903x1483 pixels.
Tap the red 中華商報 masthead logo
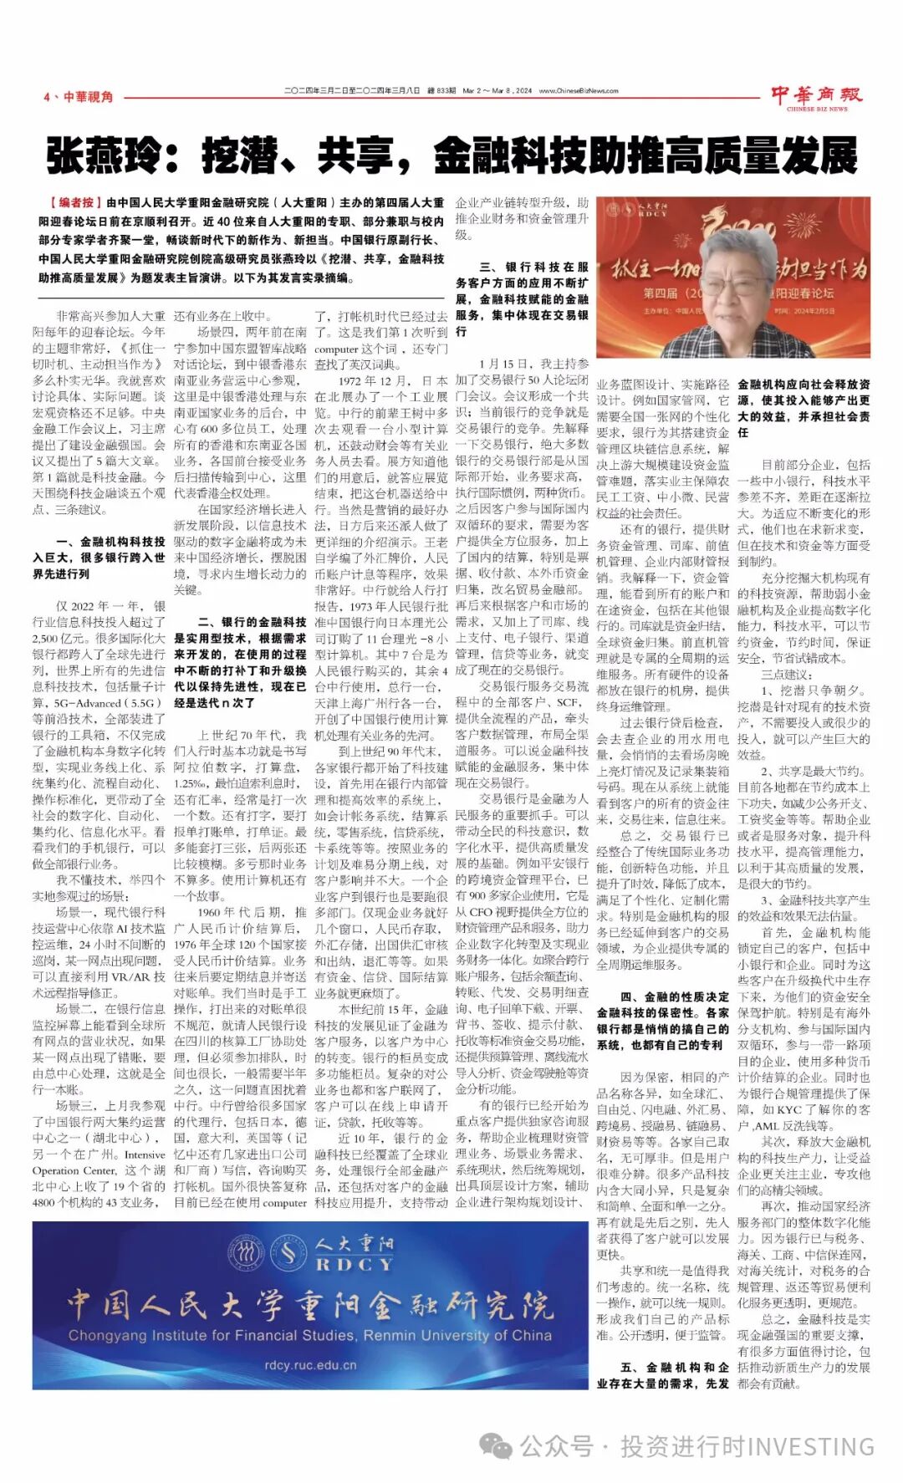(x=815, y=94)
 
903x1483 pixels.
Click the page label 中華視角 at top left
(x=87, y=97)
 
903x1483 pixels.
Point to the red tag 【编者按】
(x=71, y=202)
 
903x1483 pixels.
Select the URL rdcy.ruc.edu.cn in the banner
(x=309, y=1365)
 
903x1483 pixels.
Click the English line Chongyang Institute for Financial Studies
(x=309, y=1335)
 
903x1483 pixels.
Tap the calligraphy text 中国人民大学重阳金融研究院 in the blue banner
(x=309, y=1302)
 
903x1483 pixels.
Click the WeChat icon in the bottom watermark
(x=498, y=1445)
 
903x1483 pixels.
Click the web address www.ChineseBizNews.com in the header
(x=579, y=91)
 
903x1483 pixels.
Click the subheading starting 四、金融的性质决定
(x=663, y=1021)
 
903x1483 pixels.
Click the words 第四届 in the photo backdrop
(x=660, y=293)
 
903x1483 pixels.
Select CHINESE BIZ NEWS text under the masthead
(x=816, y=109)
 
